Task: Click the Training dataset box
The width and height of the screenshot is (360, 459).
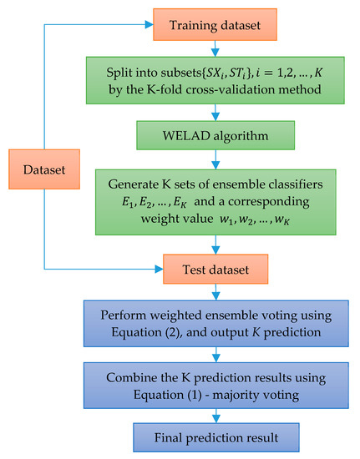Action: pos(216,26)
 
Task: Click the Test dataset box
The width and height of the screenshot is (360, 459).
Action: pos(216,269)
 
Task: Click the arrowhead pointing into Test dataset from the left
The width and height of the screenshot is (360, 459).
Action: pos(156,269)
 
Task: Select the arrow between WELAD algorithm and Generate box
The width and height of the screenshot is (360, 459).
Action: pos(216,159)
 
